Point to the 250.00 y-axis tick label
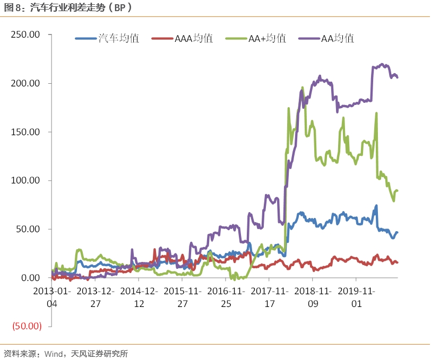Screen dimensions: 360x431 [x=26, y=35]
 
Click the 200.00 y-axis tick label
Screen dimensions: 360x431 [x=26, y=84]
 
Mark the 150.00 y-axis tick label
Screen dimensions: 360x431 [x=26, y=132]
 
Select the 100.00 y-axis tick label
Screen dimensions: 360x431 [x=26, y=181]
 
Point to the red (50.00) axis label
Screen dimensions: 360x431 [x=27, y=327]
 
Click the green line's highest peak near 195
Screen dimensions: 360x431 [x=302, y=87]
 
